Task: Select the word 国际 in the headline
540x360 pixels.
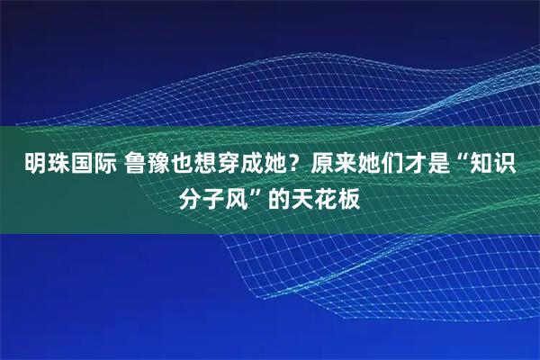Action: (85, 166)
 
